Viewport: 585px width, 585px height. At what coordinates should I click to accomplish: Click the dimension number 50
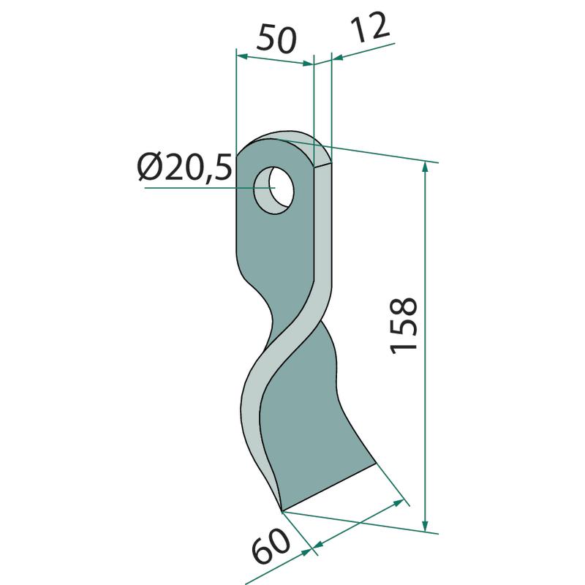[x=276, y=39]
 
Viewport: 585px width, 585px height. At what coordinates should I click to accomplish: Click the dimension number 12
[x=370, y=28]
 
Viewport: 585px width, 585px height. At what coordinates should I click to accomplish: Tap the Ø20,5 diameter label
[x=185, y=167]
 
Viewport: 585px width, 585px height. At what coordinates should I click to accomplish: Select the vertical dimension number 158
[x=404, y=325]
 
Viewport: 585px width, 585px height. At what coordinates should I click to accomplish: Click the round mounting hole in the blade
[x=273, y=190]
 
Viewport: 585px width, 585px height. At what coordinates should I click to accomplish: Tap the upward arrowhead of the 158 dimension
[x=424, y=169]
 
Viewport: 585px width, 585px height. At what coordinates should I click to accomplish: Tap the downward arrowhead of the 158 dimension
[x=425, y=524]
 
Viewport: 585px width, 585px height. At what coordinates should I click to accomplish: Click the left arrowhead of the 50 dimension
[x=243, y=56]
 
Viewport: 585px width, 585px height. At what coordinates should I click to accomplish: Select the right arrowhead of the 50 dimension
[x=307, y=64]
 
